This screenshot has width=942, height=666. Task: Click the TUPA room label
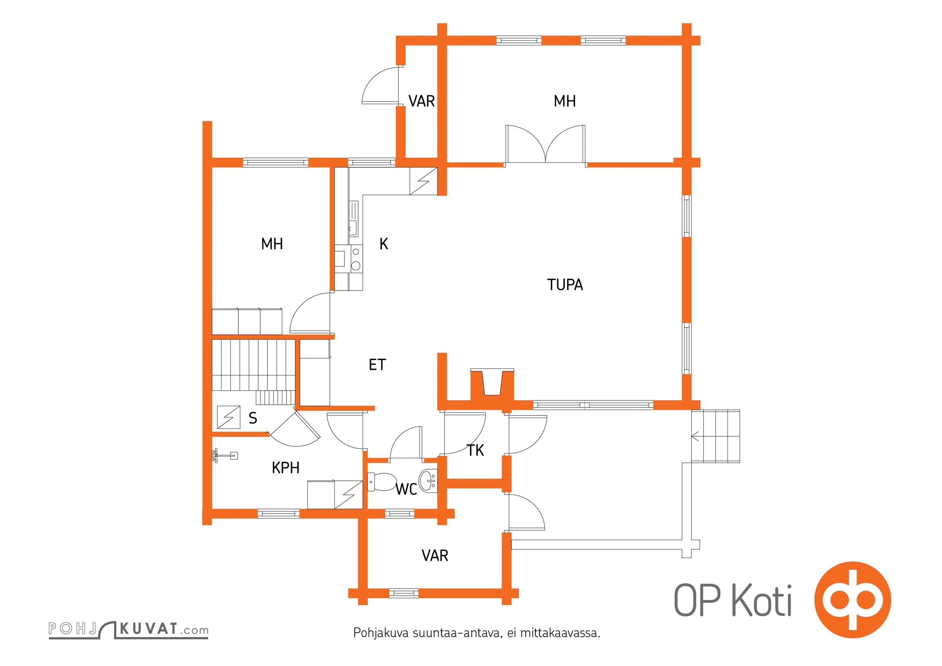pyautogui.click(x=565, y=285)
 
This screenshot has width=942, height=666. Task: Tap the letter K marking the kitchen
pyautogui.click(x=384, y=244)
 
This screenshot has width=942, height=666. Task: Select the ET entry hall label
pyautogui.click(x=377, y=365)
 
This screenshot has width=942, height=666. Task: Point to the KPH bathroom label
pyautogui.click(x=286, y=468)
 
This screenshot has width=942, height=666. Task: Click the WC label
pyautogui.click(x=406, y=490)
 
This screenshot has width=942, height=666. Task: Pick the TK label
pyautogui.click(x=475, y=450)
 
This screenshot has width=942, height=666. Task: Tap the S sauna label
pyautogui.click(x=253, y=418)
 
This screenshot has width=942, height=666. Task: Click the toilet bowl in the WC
pyautogui.click(x=382, y=482)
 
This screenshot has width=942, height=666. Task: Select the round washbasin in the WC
pyautogui.click(x=428, y=481)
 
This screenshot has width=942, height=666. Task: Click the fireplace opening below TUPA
pyautogui.click(x=492, y=383)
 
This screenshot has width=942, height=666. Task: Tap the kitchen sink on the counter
pyautogui.click(x=353, y=219)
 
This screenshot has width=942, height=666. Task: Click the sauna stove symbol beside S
pyautogui.click(x=229, y=417)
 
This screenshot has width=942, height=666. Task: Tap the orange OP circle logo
pyautogui.click(x=852, y=600)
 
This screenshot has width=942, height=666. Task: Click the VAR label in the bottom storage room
pyautogui.click(x=435, y=556)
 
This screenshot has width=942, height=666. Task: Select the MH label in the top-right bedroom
pyautogui.click(x=565, y=101)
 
